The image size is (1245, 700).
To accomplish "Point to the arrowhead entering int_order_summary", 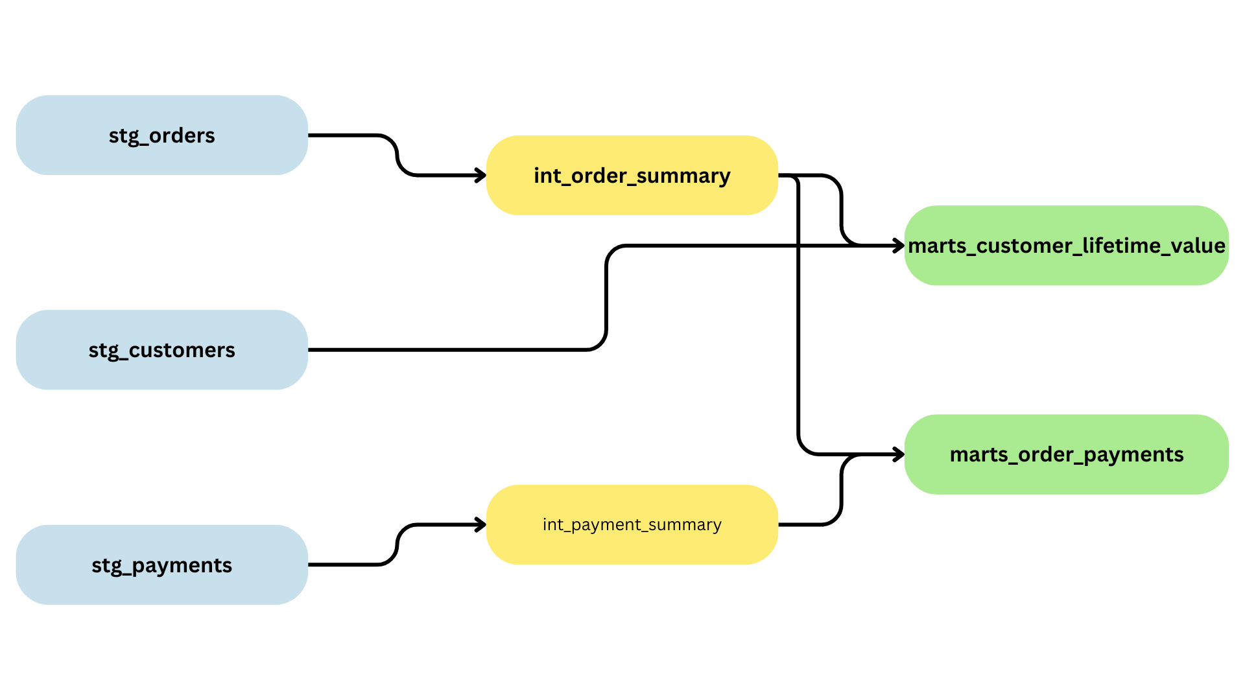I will (x=481, y=175).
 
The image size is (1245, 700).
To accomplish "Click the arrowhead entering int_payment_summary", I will (x=481, y=524).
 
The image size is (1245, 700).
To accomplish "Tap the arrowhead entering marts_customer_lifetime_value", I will (x=899, y=246).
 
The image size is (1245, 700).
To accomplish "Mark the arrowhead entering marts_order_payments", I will (x=899, y=454).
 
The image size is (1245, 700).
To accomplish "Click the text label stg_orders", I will (x=161, y=135).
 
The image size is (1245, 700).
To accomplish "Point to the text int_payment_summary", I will (x=632, y=524).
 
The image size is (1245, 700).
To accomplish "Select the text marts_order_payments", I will (x=1067, y=454).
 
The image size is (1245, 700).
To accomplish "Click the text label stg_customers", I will (x=161, y=350).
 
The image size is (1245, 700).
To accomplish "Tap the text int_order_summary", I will (x=632, y=176).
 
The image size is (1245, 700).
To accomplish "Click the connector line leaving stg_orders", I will (x=344, y=135).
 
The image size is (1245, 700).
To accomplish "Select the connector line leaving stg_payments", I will (x=344, y=565).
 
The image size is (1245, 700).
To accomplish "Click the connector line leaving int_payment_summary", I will (x=804, y=524).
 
